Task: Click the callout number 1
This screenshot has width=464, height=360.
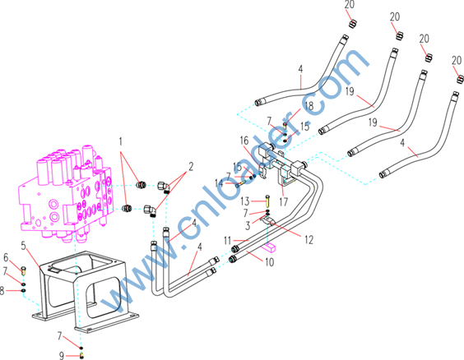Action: [x=120, y=141]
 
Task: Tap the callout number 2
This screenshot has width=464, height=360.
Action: [x=191, y=167]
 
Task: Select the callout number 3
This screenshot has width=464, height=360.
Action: [x=248, y=225]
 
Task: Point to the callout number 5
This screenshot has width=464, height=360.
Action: [x=24, y=246]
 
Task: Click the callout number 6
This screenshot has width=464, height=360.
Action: [x=6, y=258]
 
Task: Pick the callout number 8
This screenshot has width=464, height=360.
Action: [x=2, y=291]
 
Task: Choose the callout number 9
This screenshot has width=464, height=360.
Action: [x=61, y=355]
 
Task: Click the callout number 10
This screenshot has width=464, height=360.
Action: [x=269, y=262]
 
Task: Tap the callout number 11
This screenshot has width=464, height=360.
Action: [x=227, y=241]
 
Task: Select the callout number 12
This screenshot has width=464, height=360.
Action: [x=309, y=240]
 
